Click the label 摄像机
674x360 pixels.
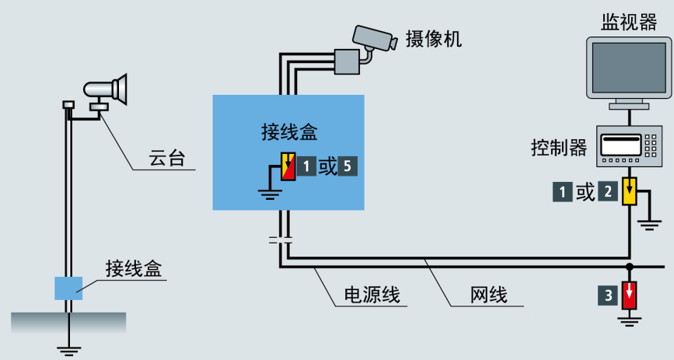coord(434,39)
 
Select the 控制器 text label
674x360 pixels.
coord(559,147)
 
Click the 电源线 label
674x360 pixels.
coord(372,295)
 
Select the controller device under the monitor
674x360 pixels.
coord(627,146)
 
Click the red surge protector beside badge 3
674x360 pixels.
coord(630,295)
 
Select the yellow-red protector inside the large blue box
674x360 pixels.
coord(288,166)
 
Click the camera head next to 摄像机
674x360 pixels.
coord(377,37)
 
